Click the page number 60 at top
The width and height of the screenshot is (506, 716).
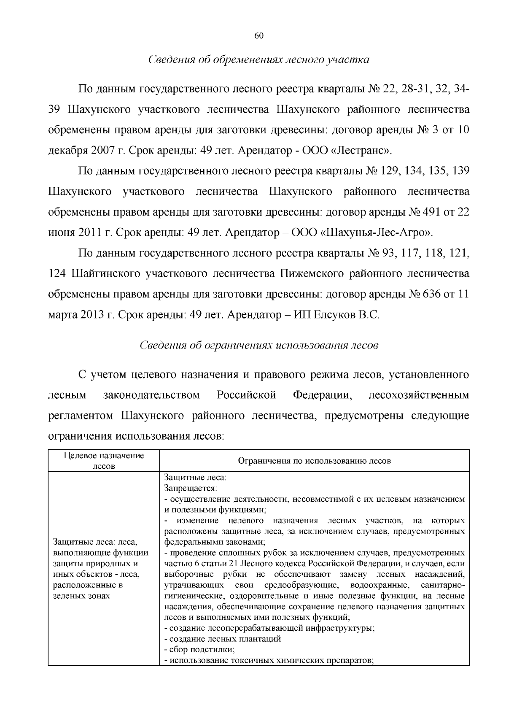point(259,36)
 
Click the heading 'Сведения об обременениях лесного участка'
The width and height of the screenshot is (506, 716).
point(259,59)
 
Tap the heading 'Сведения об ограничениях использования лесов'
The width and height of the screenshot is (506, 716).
point(259,345)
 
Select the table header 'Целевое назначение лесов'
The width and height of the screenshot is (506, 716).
point(104,461)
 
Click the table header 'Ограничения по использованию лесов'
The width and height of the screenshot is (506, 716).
point(315,461)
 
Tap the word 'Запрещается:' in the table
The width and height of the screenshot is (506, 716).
point(191,488)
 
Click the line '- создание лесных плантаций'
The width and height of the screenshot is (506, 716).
point(222,639)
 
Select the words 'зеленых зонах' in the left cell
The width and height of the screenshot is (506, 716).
point(82,596)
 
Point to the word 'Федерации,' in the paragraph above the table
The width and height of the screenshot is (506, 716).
point(322,395)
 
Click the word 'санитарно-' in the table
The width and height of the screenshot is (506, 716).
point(442,585)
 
